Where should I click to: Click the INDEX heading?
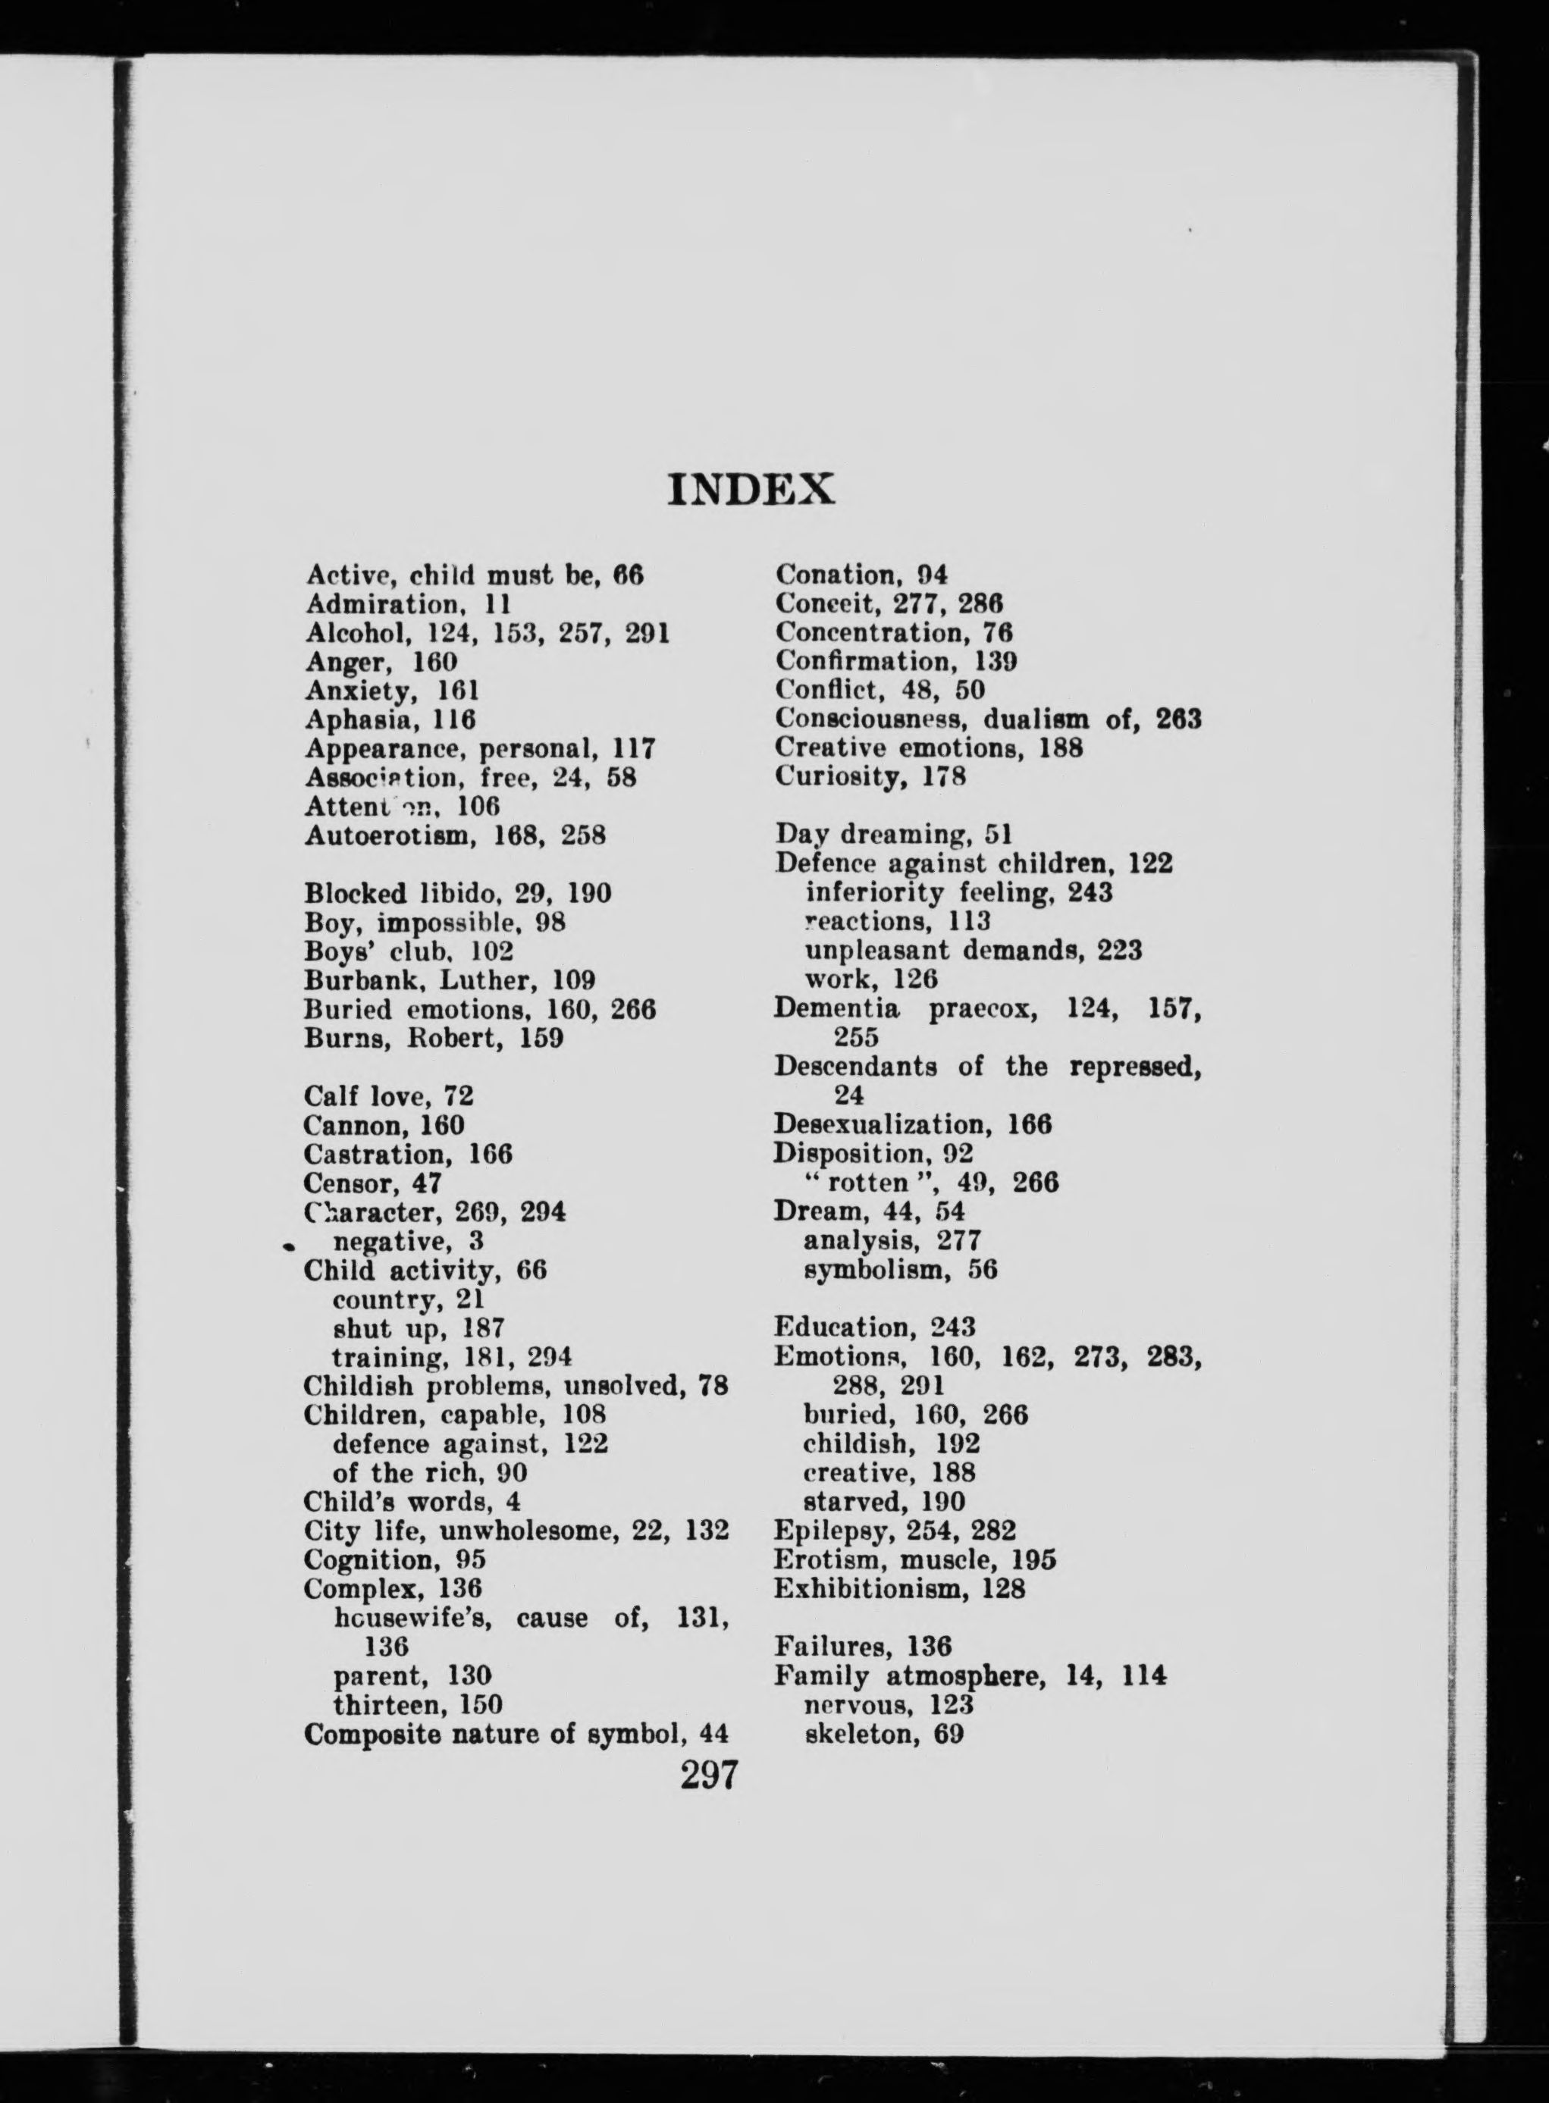point(750,490)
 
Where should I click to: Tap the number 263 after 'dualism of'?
point(1179,719)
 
